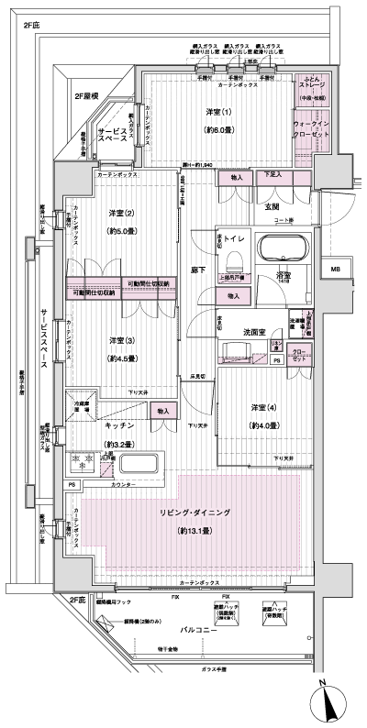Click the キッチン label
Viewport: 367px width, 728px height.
point(120,426)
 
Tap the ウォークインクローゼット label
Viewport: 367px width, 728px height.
point(310,128)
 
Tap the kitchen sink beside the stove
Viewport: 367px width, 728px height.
point(139,462)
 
